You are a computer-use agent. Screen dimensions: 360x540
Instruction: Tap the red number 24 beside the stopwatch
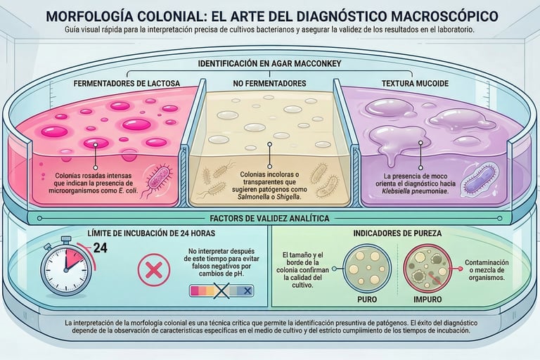(x=100, y=247)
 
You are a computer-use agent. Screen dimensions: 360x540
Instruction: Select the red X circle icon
(x=155, y=269)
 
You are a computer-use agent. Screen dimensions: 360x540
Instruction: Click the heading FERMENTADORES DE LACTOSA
(x=127, y=84)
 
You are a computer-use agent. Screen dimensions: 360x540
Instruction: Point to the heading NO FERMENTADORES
(x=269, y=84)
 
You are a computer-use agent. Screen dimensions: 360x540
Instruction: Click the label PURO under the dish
(x=367, y=299)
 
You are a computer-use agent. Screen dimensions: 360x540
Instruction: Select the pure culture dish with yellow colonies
(x=367, y=268)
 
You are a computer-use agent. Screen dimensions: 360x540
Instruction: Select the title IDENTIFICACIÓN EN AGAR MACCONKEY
(x=269, y=63)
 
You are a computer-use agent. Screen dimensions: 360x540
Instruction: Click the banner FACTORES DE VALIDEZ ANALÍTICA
(x=270, y=219)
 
